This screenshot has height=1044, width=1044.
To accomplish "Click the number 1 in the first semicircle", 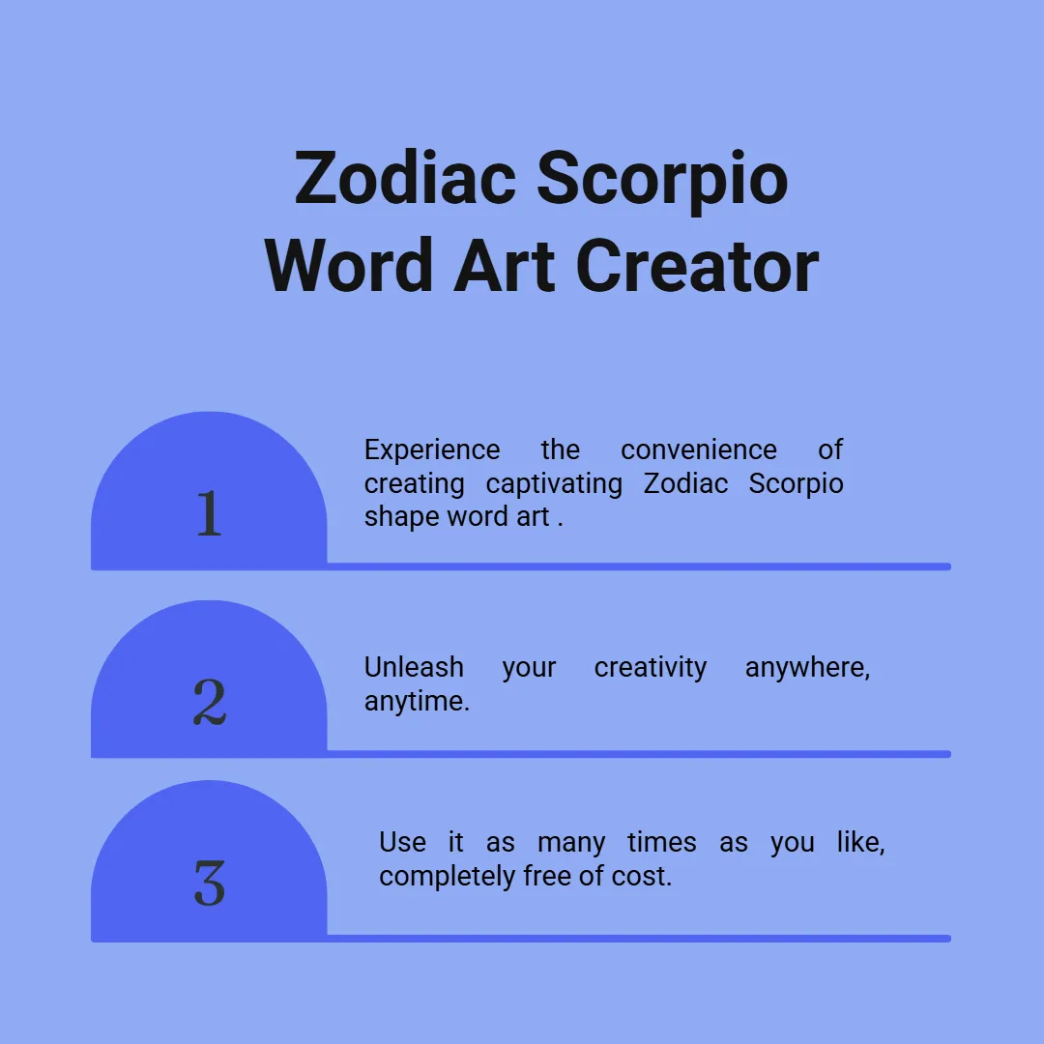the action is pos(210,512).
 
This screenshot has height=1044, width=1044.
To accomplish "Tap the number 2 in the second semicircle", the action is pos(210,702).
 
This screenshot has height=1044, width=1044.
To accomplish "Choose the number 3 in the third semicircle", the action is pos(210,883).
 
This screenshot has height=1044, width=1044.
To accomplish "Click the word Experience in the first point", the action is pos(432,451).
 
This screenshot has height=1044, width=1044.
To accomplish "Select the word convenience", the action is pos(699,450).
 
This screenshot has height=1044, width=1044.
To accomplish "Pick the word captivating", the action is pos(554,484).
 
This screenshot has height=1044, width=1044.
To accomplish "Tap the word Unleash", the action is pos(414,667).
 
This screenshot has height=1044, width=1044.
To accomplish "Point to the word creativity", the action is pos(651,669).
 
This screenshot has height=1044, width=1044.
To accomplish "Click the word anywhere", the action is pos(807,669).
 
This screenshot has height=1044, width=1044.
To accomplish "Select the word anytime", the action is pos(417,702).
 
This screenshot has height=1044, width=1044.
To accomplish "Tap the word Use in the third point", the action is pos(402,842).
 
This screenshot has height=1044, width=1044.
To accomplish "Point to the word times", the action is pos(662,842).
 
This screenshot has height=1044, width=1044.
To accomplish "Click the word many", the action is pos(571,844).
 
